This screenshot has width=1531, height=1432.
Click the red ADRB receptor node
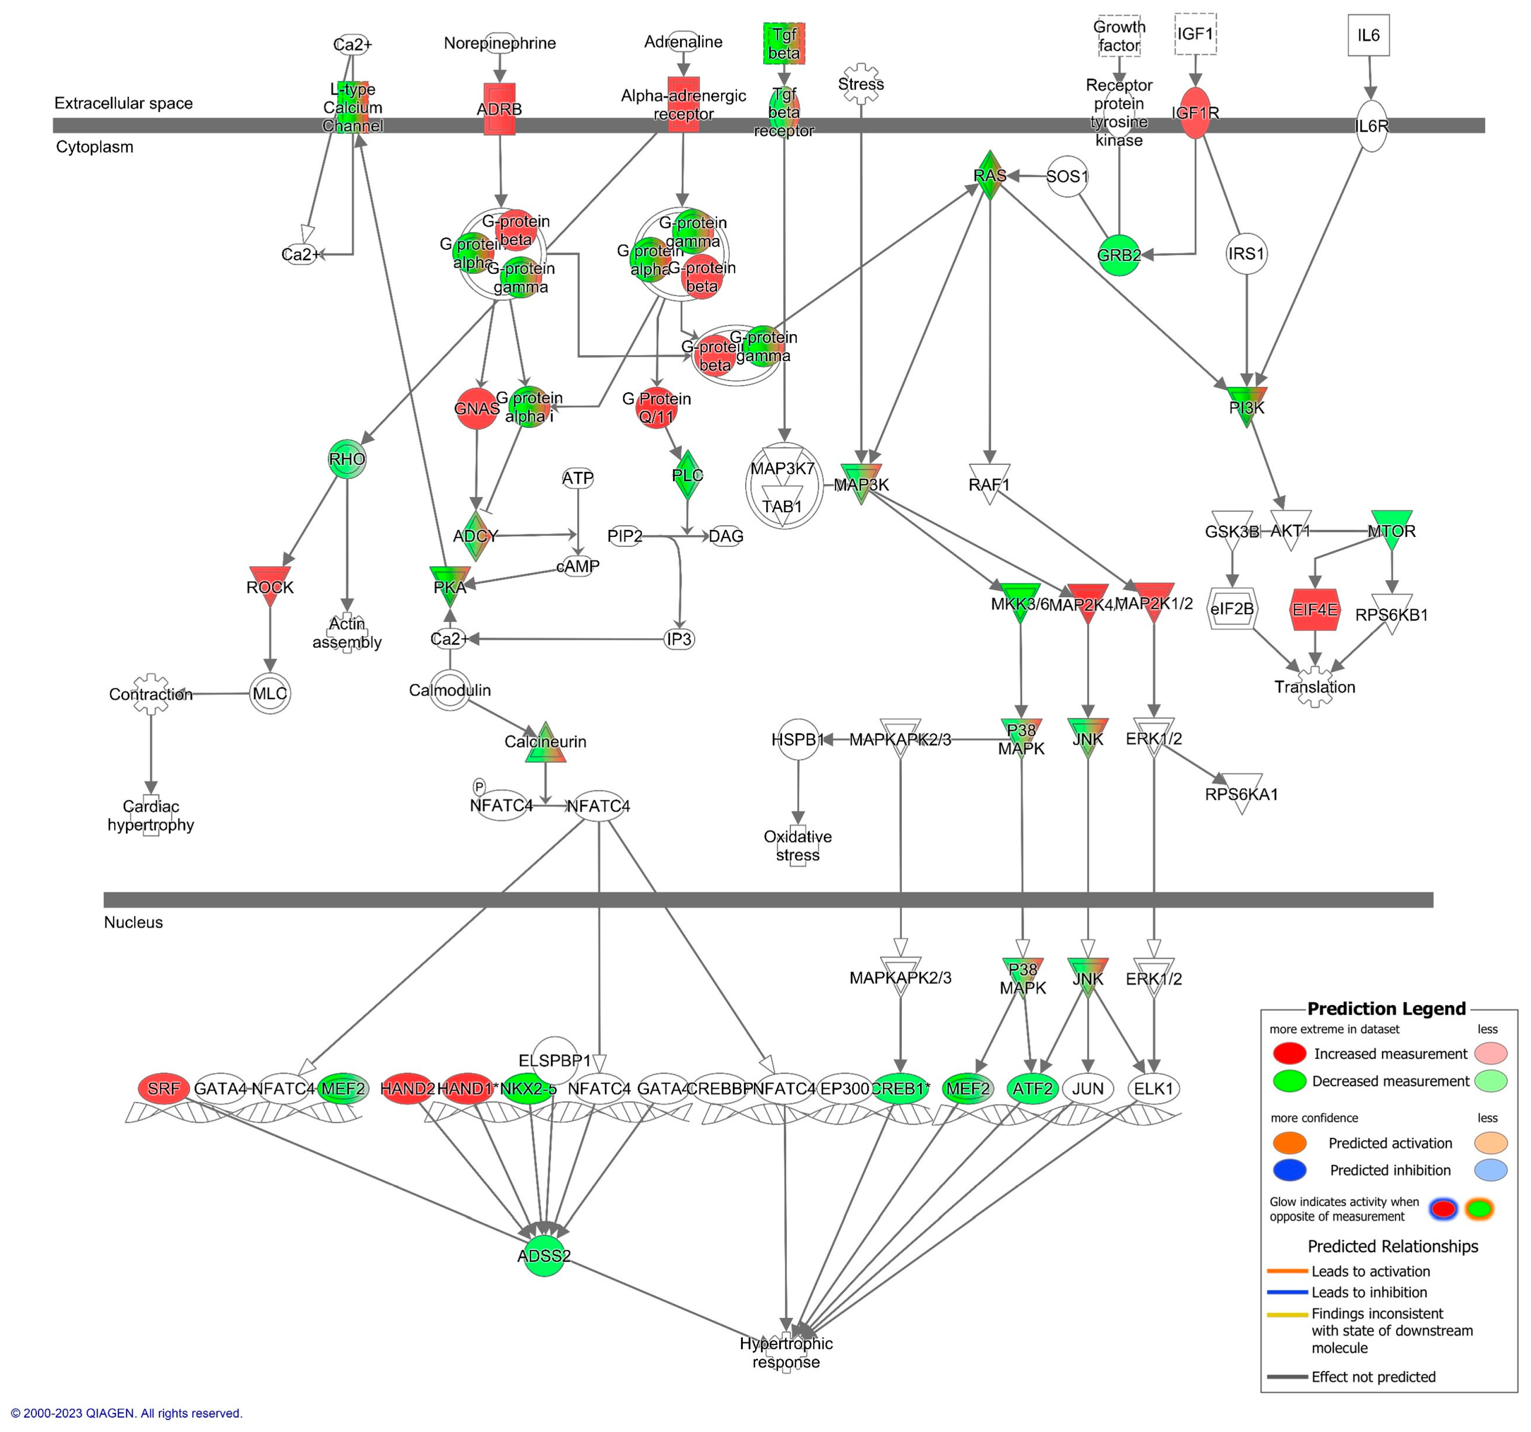click(499, 108)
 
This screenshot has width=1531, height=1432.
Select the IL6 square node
click(1368, 35)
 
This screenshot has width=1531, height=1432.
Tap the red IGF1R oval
click(1194, 113)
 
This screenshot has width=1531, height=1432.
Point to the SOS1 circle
click(1067, 176)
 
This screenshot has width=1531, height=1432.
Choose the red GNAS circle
click(477, 408)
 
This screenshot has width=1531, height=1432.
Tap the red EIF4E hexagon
click(1315, 609)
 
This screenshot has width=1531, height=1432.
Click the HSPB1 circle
click(798, 740)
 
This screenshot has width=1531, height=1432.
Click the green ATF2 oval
click(1032, 1088)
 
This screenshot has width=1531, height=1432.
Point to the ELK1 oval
click(1153, 1088)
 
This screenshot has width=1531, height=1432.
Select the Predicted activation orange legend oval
click(1289, 1143)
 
